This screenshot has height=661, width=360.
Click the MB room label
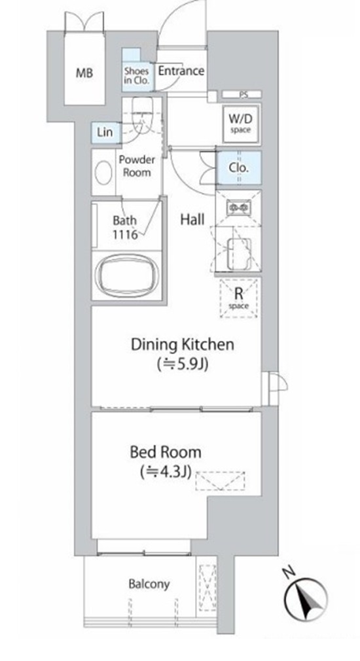point(84,73)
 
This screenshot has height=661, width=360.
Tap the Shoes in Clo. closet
point(136,70)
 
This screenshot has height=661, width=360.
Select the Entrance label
point(181,71)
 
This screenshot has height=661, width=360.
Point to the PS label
point(243,95)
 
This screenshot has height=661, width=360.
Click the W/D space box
point(241,122)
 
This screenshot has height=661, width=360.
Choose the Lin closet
point(105,132)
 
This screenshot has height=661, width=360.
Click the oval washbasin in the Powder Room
point(103,172)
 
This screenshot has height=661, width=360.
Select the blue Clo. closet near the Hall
point(239,168)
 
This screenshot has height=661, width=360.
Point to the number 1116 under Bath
point(126,234)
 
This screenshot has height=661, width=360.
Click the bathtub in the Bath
point(126,276)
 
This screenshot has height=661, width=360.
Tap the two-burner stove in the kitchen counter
point(239,207)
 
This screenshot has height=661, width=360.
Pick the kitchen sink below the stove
point(240,254)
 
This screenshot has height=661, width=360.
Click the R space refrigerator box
point(239,298)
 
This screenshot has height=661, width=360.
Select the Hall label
point(192,219)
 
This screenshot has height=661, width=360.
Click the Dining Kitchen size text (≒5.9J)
point(183,364)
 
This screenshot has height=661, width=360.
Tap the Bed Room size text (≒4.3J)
point(166,472)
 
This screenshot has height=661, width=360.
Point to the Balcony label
point(149,584)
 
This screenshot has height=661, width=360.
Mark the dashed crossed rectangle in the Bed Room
point(220,481)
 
